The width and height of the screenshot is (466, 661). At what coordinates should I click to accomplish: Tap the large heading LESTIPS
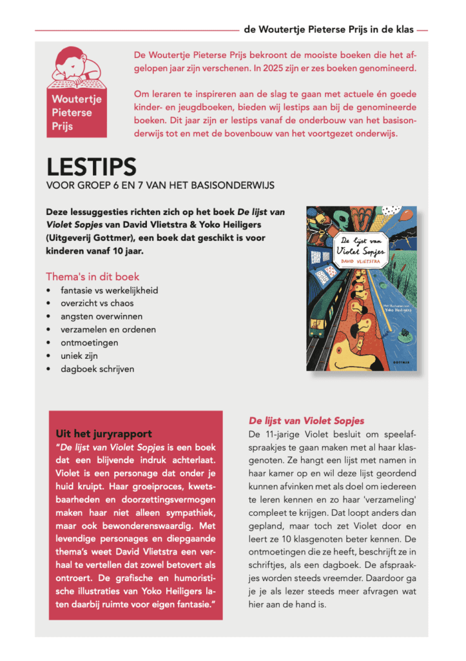pos(91,167)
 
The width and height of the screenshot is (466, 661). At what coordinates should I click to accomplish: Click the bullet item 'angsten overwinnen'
pos(101,316)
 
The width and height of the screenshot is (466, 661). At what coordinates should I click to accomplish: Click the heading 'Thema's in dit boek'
pos(92,277)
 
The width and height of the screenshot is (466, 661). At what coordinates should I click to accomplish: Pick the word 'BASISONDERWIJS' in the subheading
pos(230,185)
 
